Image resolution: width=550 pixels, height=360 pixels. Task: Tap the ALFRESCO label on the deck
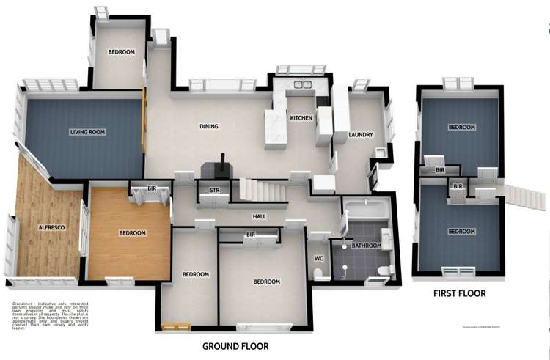[x=51, y=228]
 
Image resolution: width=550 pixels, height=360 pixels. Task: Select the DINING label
[x=209, y=126]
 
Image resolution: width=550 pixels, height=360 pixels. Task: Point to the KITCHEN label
[x=301, y=118]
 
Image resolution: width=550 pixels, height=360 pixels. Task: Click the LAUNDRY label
[x=362, y=135]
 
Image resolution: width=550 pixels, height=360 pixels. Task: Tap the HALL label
[x=259, y=216]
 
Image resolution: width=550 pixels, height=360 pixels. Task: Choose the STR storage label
[x=215, y=190]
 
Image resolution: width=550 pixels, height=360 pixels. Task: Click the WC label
[x=319, y=258]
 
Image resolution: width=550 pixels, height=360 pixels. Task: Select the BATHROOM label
[x=367, y=246]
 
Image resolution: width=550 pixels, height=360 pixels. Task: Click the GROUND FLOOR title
[x=235, y=346]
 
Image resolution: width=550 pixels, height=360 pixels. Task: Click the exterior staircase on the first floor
[x=525, y=196]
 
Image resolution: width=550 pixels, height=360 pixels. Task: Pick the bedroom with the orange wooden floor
[x=132, y=232]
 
